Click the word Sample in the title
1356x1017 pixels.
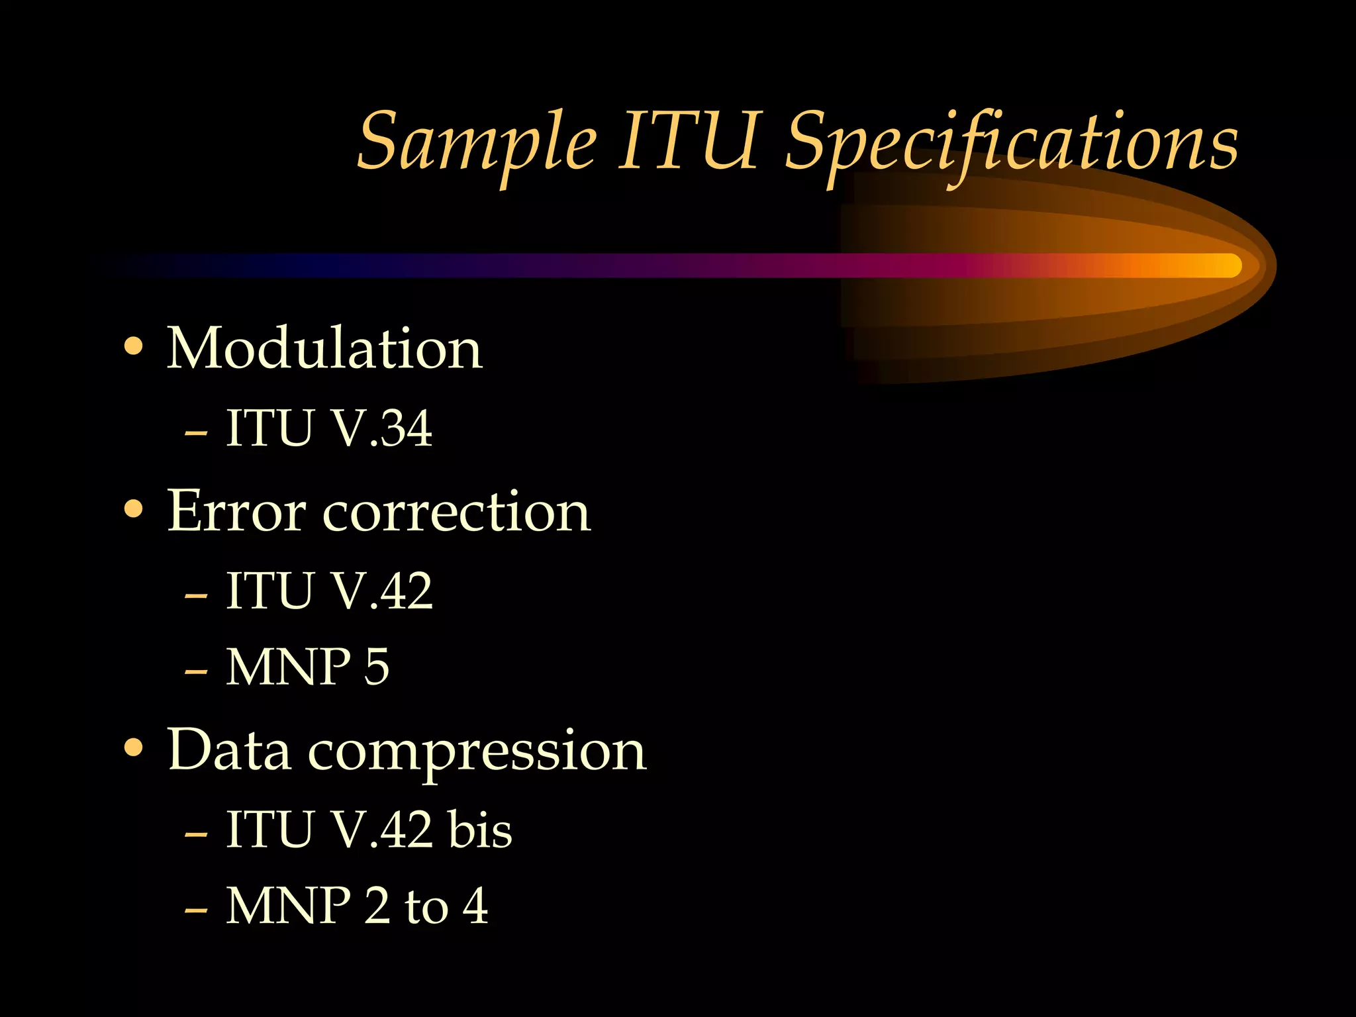tap(477, 142)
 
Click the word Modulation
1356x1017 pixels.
tap(324, 349)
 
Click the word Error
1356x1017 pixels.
tap(236, 512)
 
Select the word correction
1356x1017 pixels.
tap(456, 513)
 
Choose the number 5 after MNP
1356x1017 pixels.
tap(376, 667)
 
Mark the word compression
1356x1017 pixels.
tap(477, 753)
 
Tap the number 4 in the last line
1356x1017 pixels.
tap(475, 905)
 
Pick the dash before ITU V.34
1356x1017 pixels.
tap(196, 433)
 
